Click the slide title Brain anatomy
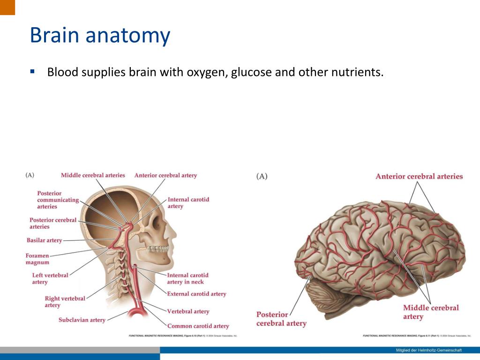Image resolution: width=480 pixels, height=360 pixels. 99,36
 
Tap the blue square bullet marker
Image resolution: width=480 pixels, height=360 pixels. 32,72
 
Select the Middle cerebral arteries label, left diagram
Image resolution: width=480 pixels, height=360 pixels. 93,175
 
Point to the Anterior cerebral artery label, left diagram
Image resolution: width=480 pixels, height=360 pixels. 165,175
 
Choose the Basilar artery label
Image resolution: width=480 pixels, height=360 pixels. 45,240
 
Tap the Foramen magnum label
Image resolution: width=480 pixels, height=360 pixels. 37,259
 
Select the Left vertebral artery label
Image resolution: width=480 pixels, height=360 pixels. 50,278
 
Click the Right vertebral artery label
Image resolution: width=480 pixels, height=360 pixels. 65,301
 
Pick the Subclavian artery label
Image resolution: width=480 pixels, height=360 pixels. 82,320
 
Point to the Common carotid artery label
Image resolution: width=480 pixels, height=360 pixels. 198,326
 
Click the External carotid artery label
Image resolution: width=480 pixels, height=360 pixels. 196,294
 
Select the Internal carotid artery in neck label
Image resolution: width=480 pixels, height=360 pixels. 187,278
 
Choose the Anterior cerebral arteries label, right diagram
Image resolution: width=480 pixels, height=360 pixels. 419,177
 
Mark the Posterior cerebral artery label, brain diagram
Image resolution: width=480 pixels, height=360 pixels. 281,319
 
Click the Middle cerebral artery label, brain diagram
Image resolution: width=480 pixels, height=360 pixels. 431,312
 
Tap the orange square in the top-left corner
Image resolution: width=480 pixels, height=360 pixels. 7,7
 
